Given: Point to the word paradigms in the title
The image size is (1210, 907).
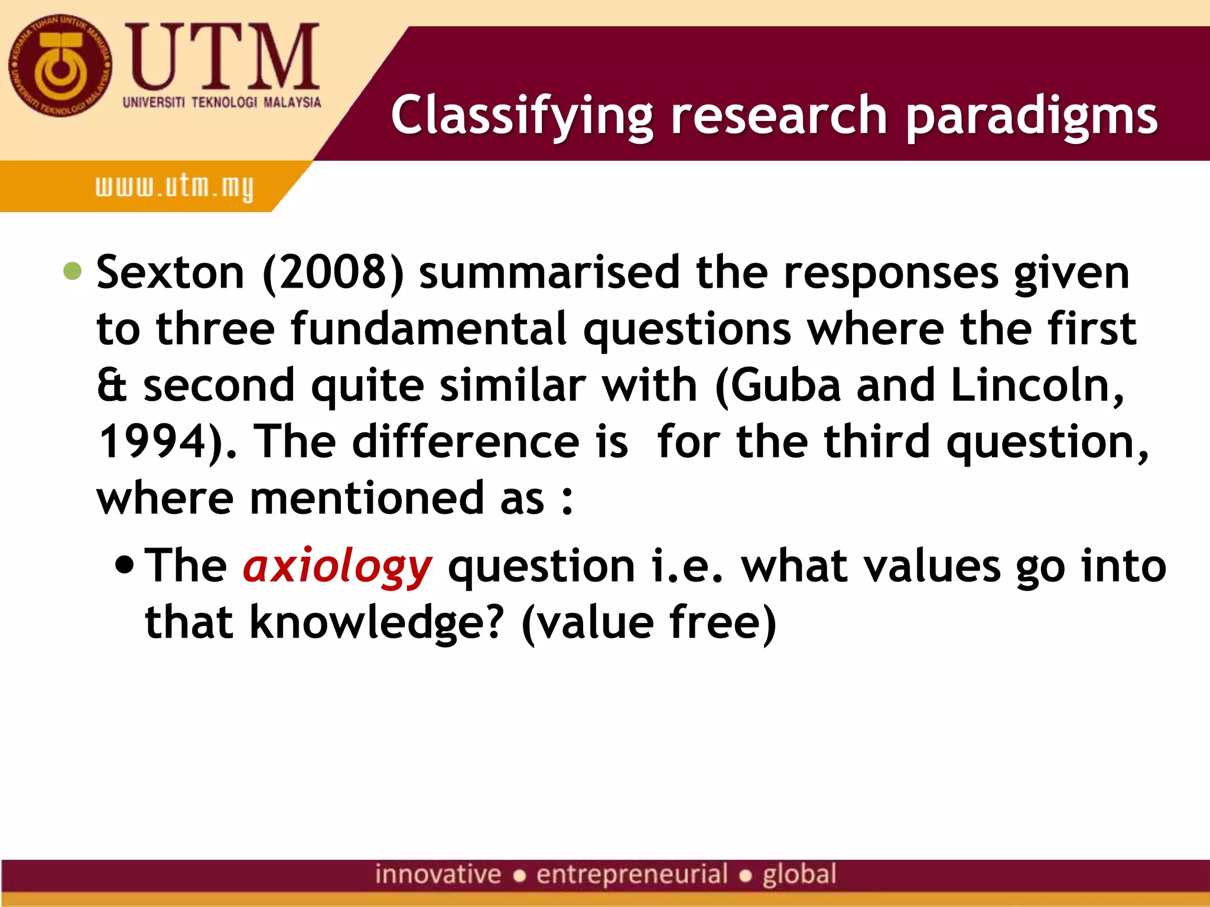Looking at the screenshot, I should [1031, 115].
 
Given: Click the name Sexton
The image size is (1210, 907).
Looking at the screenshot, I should [170, 273].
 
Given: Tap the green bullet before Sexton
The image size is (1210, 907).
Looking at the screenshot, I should [73, 271].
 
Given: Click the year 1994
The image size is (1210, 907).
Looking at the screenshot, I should [152, 442].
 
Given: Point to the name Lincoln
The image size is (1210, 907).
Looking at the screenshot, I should [1037, 385].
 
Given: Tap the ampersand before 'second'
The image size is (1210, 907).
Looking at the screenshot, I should [112, 385].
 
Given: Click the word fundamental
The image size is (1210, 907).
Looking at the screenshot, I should [429, 328].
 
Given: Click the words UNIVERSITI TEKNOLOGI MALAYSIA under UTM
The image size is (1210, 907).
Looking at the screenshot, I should [222, 102].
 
